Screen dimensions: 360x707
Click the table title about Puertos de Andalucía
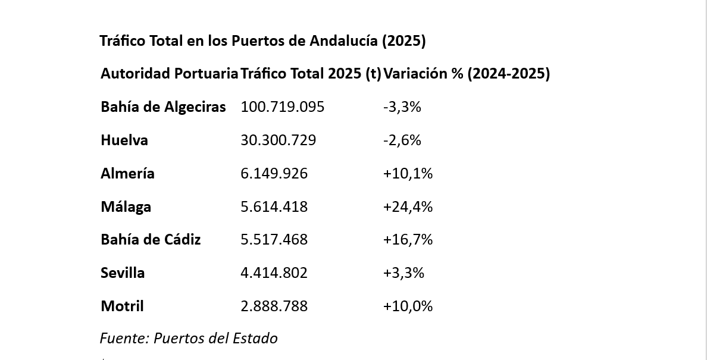tap(262, 41)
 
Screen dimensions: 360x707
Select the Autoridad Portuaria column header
tap(169, 74)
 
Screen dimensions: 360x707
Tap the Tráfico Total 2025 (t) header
tap(311, 74)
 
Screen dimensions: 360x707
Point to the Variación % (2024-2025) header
tap(467, 74)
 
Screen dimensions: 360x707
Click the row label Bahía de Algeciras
tap(163, 107)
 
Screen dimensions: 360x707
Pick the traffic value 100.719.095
tap(283, 107)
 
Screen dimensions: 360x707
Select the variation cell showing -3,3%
tap(402, 107)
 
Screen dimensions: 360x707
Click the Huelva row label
tap(124, 140)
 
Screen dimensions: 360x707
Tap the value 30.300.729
tap(279, 140)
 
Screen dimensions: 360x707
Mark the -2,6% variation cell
tap(402, 140)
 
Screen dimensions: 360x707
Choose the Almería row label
tap(127, 174)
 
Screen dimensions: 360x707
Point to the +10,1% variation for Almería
tap(408, 174)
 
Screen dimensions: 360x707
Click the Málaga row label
tap(126, 207)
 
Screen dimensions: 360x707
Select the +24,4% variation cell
tap(408, 207)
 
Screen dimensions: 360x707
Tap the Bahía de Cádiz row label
tap(151, 240)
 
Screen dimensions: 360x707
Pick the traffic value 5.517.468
tap(274, 240)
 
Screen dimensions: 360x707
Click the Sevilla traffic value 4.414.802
tap(274, 273)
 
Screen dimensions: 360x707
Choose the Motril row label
tap(122, 306)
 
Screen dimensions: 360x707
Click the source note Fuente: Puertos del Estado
tap(189, 339)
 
